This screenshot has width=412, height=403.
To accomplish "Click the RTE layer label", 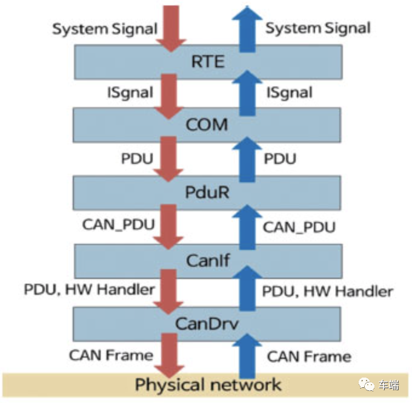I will click(207, 62).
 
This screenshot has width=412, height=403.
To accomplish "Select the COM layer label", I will click(207, 125).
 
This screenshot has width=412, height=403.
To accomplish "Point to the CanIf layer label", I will click(207, 261).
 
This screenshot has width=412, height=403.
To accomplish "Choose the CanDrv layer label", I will click(207, 324).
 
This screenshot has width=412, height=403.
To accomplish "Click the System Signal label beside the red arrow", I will click(105, 28).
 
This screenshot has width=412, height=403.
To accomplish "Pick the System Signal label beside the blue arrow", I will click(318, 28).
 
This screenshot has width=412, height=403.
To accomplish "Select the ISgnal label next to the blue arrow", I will click(289, 93).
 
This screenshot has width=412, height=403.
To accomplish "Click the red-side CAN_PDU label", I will click(118, 224).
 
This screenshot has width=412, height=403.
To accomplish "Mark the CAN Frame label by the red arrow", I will click(110, 355).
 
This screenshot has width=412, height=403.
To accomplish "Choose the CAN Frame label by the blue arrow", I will click(309, 356).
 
